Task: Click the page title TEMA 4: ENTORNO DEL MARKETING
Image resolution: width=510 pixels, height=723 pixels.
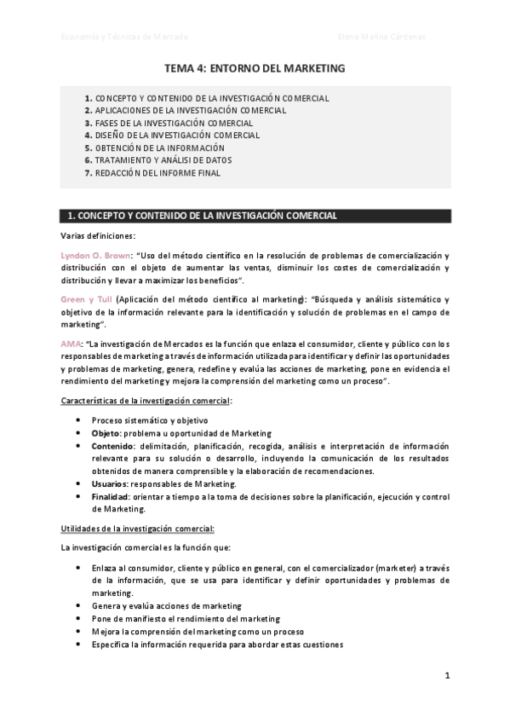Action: point(255,67)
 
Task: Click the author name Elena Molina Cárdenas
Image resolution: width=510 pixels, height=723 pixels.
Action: point(381,37)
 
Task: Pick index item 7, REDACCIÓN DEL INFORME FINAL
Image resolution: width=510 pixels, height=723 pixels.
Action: point(158,172)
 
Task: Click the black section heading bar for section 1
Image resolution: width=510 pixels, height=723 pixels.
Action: point(255,216)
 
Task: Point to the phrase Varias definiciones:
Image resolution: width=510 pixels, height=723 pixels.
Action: point(98,236)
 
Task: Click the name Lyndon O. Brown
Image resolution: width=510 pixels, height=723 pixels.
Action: point(95,256)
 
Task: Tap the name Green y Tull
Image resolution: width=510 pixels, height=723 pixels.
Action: point(86,299)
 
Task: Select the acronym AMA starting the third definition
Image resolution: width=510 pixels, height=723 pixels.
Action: point(70,344)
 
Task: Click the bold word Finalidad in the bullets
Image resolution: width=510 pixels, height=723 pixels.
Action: point(112,496)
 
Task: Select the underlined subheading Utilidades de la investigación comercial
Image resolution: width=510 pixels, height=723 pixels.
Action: point(137,528)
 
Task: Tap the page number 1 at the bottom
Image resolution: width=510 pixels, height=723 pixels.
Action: point(446,676)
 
